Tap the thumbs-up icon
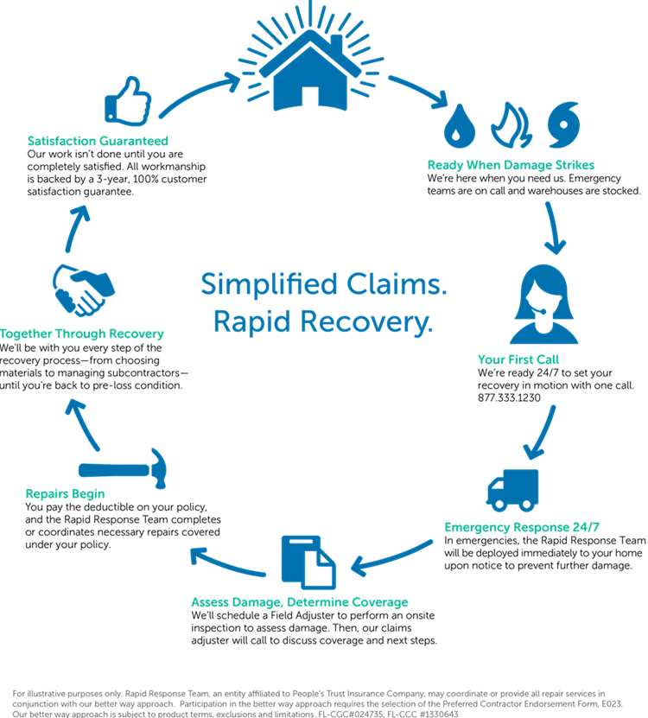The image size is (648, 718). [127, 102]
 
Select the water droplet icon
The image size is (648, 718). [456, 127]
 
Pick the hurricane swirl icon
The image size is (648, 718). [563, 126]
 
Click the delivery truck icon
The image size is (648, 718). [512, 490]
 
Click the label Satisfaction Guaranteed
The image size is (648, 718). [97, 141]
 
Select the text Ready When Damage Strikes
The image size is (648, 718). [511, 165]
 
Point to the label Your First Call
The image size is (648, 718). [518, 359]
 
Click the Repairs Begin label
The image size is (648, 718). [65, 495]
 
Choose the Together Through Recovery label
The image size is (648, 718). [82, 334]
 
